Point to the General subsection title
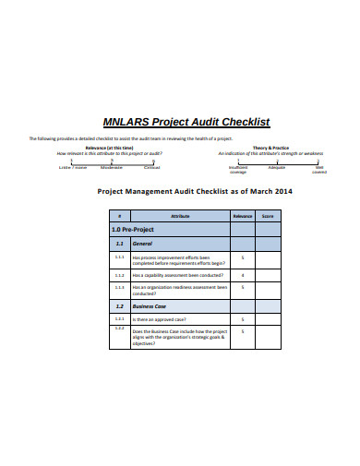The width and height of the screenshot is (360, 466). click(x=143, y=243)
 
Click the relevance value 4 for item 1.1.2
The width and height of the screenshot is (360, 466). click(x=242, y=274)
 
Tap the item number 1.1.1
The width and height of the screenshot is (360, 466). click(x=119, y=257)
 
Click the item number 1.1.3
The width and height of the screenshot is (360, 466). click(x=119, y=287)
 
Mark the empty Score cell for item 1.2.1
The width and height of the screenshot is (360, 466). click(x=269, y=318)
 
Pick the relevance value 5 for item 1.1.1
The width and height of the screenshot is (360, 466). click(x=242, y=257)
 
